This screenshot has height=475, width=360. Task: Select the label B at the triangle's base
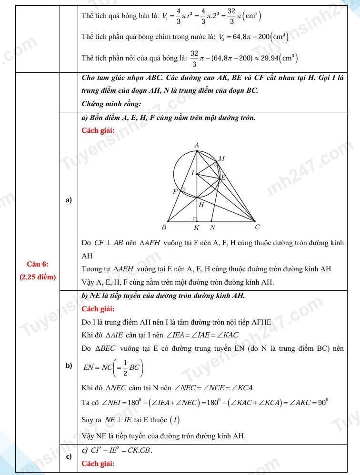(164, 227)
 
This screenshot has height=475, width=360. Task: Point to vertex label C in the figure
(258, 227)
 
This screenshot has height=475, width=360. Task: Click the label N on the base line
(212, 228)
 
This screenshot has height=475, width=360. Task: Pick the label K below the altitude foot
(196, 228)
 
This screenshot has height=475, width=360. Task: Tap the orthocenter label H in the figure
(201, 205)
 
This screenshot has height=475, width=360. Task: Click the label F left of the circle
(175, 191)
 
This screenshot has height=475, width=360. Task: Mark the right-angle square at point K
(195, 219)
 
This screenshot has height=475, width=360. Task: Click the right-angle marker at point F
(182, 190)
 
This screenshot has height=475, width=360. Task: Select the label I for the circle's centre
(192, 173)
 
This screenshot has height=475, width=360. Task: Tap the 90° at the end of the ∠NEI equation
(322, 402)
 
